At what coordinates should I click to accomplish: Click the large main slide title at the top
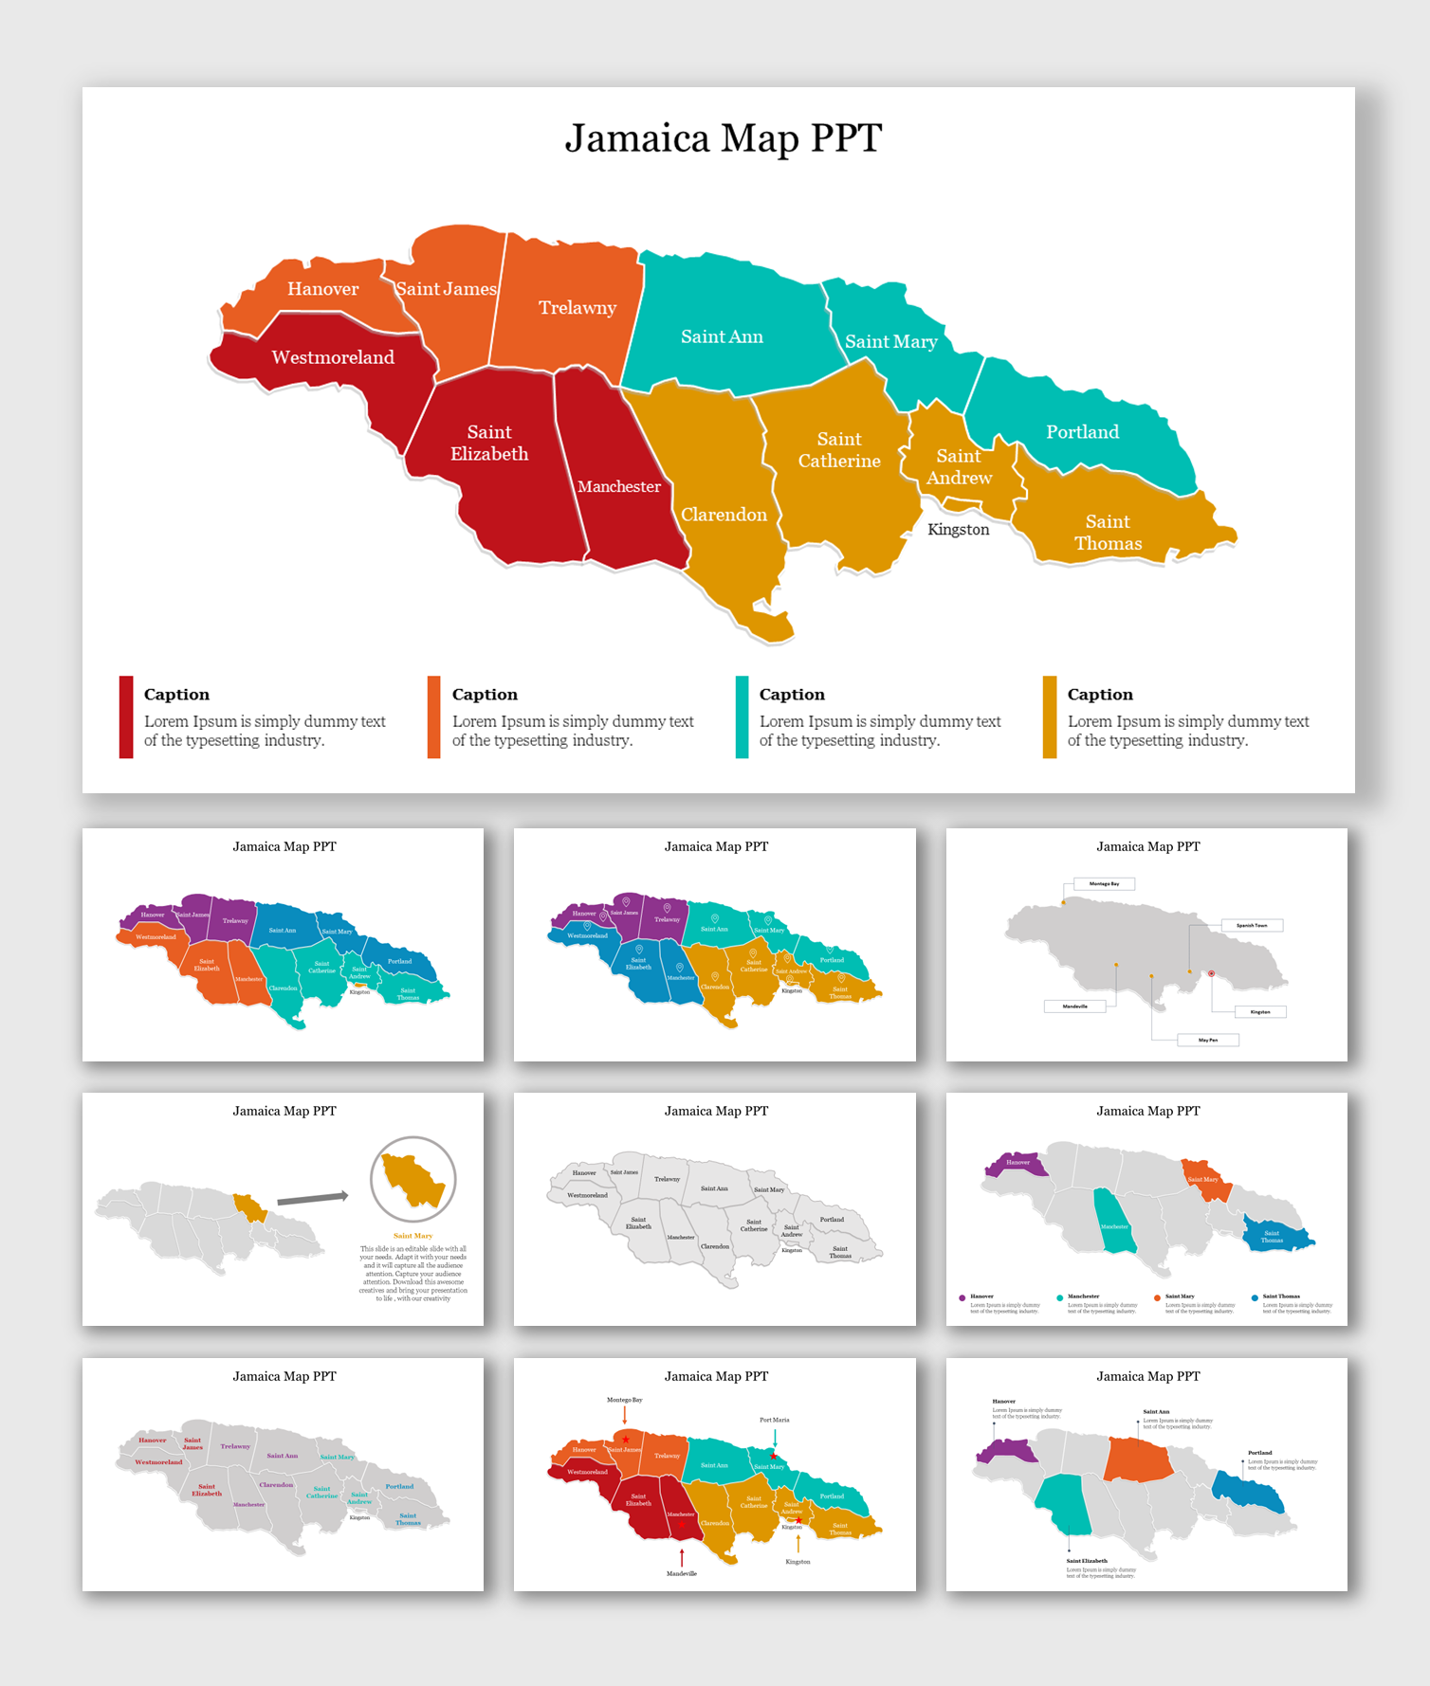(x=723, y=138)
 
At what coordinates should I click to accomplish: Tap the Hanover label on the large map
(x=322, y=289)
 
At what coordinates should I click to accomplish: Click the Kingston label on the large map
(x=958, y=530)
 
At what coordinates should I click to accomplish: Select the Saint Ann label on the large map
(x=722, y=336)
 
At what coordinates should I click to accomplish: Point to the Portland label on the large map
(x=1082, y=432)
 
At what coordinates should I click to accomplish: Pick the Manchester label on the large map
(x=618, y=486)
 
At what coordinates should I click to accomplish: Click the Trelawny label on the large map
(x=577, y=308)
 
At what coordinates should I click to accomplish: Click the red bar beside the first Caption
(x=126, y=716)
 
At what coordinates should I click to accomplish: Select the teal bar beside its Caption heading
(x=742, y=716)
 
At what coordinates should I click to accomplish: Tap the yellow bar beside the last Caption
(x=1049, y=716)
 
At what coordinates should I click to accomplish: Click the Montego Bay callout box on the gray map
(x=1104, y=883)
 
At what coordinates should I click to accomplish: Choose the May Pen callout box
(x=1207, y=1040)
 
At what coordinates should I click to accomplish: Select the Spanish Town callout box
(x=1252, y=925)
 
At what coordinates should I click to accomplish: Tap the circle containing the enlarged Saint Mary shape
(x=413, y=1179)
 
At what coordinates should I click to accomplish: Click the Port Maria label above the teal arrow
(x=774, y=1420)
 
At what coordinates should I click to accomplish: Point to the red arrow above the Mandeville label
(x=682, y=1557)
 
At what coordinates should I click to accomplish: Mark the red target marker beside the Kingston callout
(x=1211, y=973)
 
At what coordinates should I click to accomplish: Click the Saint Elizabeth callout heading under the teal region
(x=1086, y=1561)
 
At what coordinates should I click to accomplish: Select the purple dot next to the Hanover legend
(x=962, y=1297)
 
